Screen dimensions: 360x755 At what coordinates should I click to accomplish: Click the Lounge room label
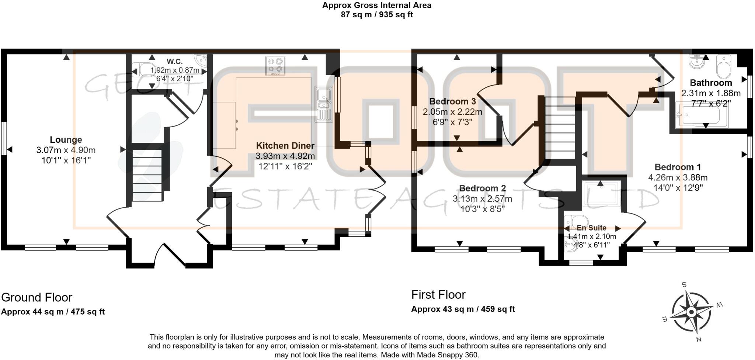click(x=66, y=140)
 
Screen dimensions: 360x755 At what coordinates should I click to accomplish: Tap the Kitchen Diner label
click(x=285, y=146)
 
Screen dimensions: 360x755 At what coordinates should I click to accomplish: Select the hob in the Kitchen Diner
click(x=275, y=66)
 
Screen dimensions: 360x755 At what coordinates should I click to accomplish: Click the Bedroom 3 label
click(x=452, y=101)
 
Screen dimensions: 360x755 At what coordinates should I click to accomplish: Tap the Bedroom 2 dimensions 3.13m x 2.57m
click(x=482, y=199)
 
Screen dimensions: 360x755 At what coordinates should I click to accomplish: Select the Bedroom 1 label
click(x=678, y=167)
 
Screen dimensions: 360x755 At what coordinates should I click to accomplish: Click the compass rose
click(x=691, y=312)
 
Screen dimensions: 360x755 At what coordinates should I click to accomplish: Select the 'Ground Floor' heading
click(x=37, y=297)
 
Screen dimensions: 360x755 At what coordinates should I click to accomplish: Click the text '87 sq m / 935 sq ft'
click(x=377, y=15)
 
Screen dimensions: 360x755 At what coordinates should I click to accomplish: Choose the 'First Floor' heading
click(x=438, y=294)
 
